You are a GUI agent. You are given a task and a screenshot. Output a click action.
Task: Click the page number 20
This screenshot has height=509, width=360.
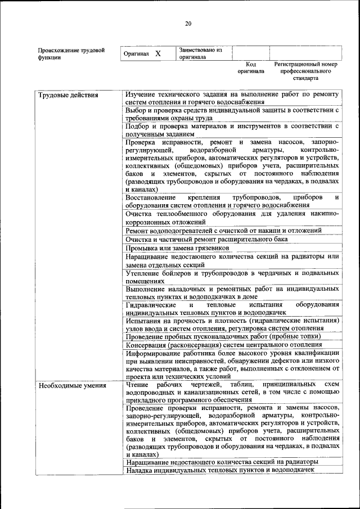[x=188, y=23]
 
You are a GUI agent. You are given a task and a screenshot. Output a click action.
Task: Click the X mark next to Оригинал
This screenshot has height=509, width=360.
[x=158, y=53]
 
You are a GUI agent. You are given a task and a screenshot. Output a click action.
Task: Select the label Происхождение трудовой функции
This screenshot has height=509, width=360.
[x=71, y=53]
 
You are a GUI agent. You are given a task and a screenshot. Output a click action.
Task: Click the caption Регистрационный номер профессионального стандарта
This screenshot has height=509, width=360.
[x=305, y=71]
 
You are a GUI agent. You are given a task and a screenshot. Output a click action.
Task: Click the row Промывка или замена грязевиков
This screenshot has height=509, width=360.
[x=177, y=247]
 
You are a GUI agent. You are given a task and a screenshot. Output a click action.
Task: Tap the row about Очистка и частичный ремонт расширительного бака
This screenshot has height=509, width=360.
[x=206, y=239]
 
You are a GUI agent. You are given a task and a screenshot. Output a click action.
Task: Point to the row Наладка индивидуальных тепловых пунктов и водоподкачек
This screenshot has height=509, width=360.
[x=220, y=470]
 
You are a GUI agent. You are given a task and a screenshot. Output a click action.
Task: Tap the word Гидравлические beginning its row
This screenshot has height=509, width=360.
[x=151, y=304]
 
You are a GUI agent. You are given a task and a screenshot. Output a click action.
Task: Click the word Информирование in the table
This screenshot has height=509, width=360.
[x=155, y=353]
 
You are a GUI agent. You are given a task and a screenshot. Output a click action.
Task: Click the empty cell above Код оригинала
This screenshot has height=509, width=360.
[x=251, y=53]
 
